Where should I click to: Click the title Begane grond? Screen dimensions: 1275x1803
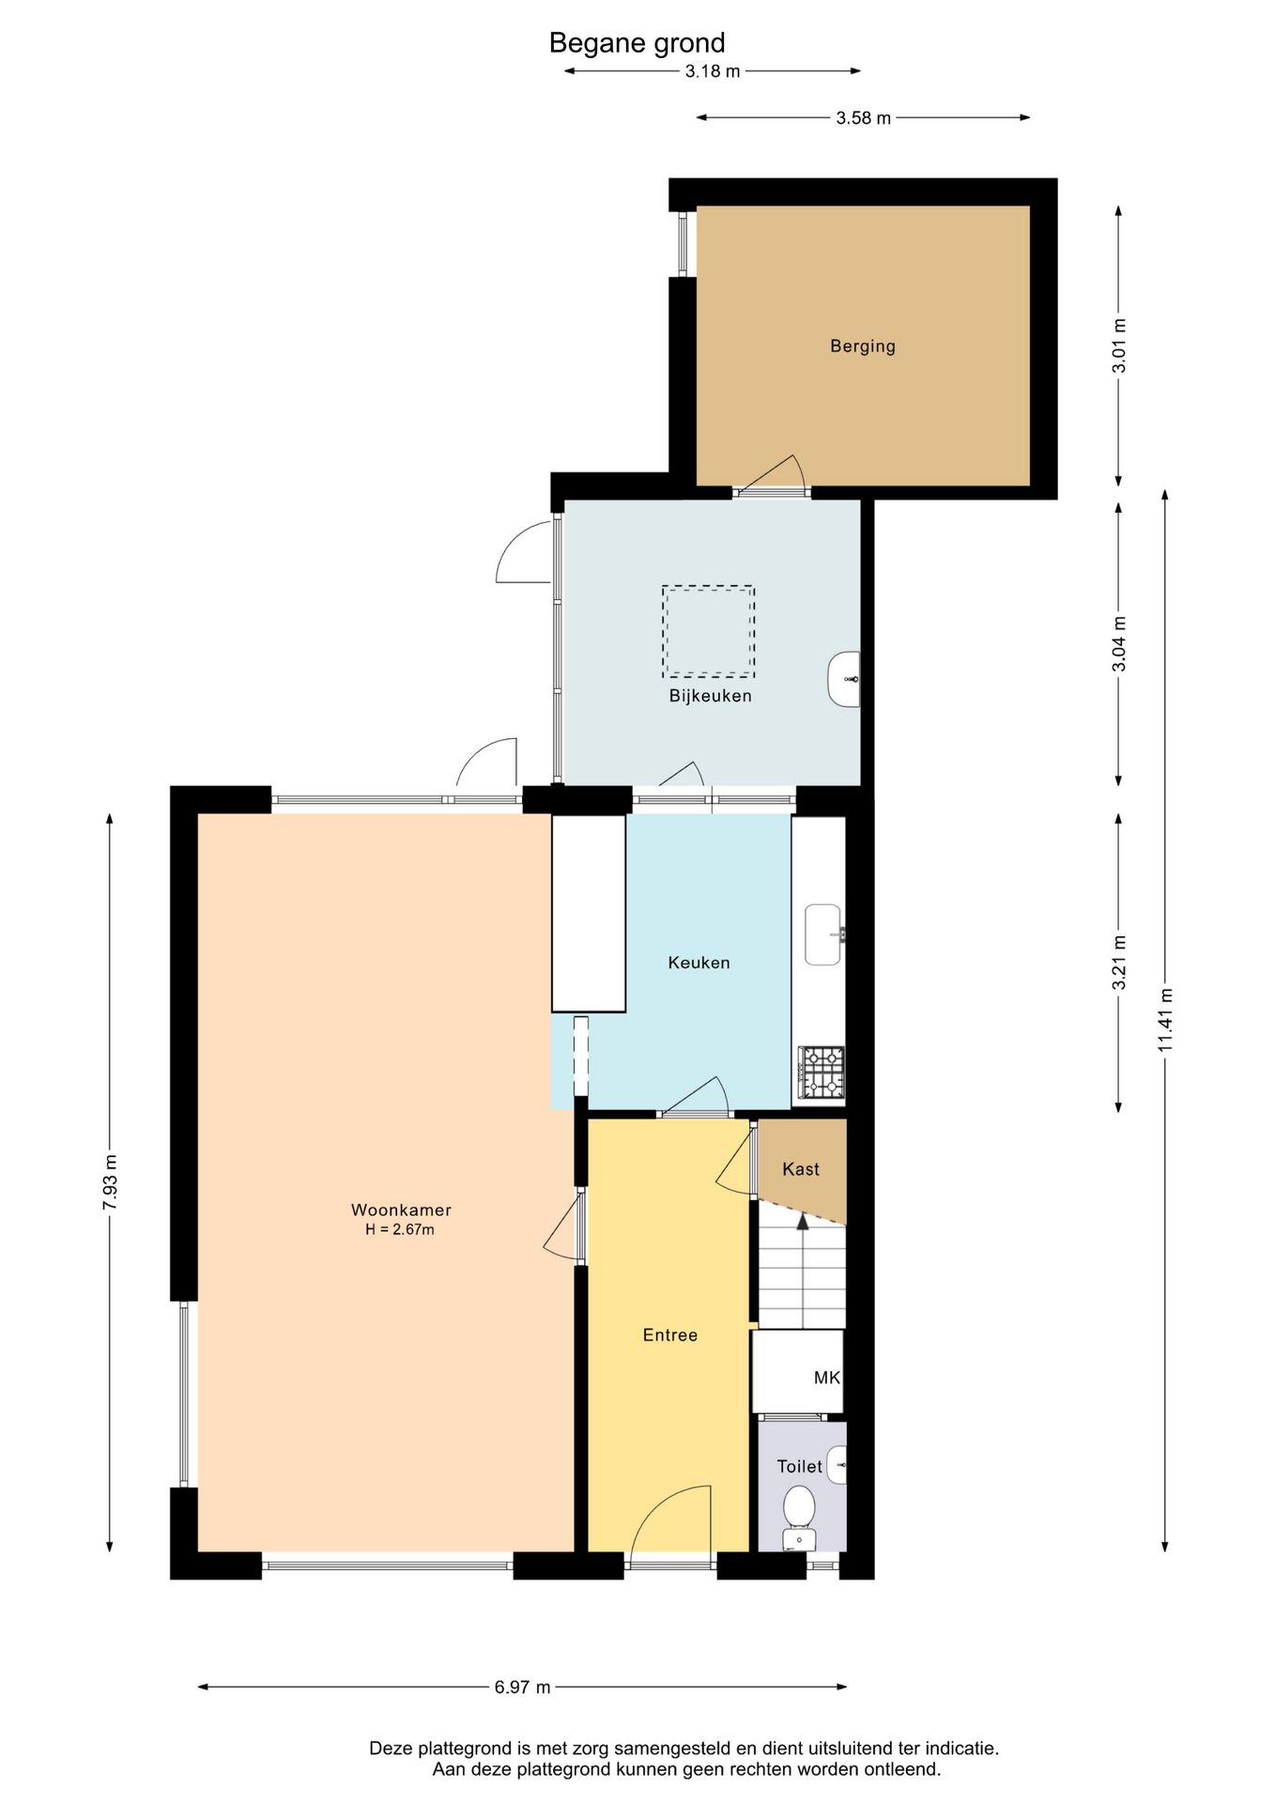pyautogui.click(x=637, y=43)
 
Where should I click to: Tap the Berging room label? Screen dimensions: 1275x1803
pyautogui.click(x=863, y=347)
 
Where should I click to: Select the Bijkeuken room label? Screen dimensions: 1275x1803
pyautogui.click(x=711, y=696)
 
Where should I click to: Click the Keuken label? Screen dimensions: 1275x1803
pyautogui.click(x=699, y=963)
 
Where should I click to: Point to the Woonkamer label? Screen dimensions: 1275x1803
pyautogui.click(x=401, y=1210)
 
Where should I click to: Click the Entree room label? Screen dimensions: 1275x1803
pyautogui.click(x=670, y=1335)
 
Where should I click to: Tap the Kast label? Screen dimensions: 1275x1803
pyautogui.click(x=801, y=1169)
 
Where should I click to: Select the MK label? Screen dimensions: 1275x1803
pyautogui.click(x=827, y=1379)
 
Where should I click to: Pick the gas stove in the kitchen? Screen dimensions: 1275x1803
pyautogui.click(x=822, y=1072)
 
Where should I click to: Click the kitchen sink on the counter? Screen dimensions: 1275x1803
pyautogui.click(x=824, y=934)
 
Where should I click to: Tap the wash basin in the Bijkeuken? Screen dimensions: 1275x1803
pyautogui.click(x=844, y=679)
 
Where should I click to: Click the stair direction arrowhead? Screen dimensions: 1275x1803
pyautogui.click(x=803, y=1221)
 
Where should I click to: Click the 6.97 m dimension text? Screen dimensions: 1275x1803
pyautogui.click(x=523, y=1687)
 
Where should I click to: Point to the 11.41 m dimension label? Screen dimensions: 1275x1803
pyautogui.click(x=1165, y=1021)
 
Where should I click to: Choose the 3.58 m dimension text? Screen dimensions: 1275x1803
pyautogui.click(x=864, y=118)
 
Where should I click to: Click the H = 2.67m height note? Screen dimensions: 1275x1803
pyautogui.click(x=400, y=1229)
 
